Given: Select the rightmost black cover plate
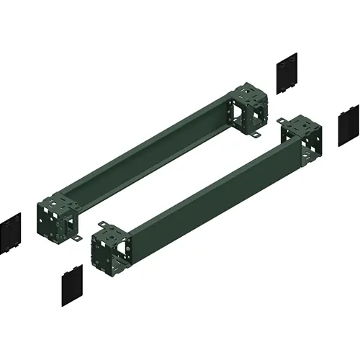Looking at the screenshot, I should [x=348, y=125].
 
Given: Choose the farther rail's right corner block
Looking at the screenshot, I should [x=248, y=108].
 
